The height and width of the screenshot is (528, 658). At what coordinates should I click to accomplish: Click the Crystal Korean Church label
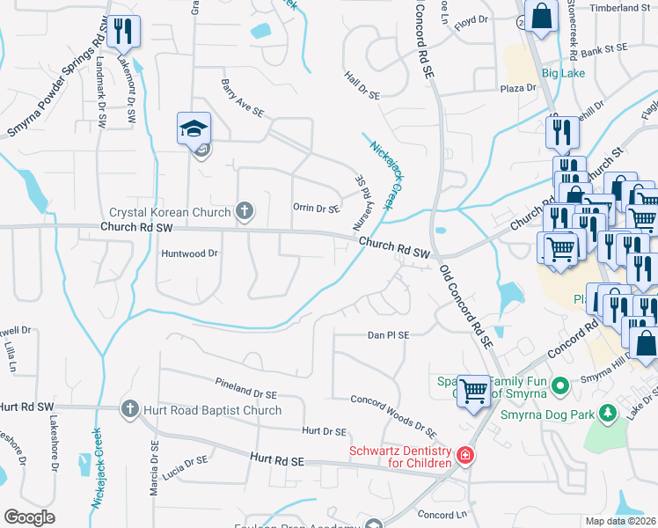pyautogui.click(x=170, y=212)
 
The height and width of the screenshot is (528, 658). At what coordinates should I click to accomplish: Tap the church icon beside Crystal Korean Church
pyautogui.click(x=245, y=211)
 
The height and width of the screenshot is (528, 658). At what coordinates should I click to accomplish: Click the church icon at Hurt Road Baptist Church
pyautogui.click(x=129, y=408)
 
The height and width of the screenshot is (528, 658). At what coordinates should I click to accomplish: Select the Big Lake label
pyautogui.click(x=563, y=73)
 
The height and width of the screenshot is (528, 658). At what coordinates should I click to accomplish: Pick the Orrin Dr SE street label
pyautogui.click(x=316, y=209)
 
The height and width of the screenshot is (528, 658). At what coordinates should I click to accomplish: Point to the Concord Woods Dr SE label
pyautogui.click(x=393, y=415)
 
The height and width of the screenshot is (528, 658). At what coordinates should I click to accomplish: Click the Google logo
pyautogui.click(x=29, y=517)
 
